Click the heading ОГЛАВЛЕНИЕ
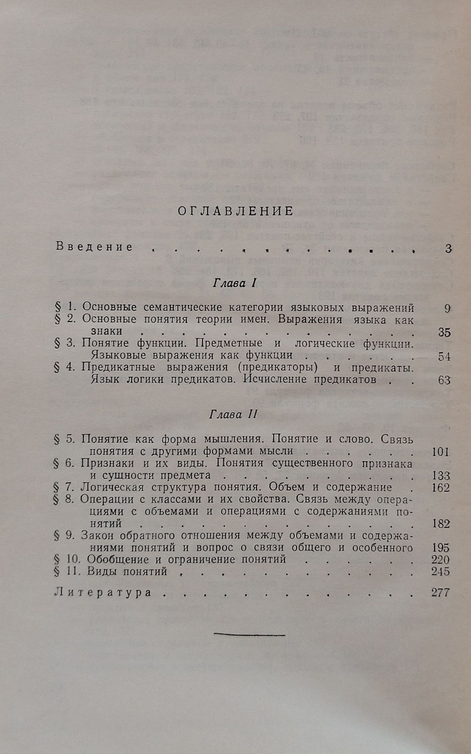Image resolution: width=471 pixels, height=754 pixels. pos(236,211)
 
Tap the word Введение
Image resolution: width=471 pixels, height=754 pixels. pos(94,247)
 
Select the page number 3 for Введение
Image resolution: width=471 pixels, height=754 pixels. pos(448,249)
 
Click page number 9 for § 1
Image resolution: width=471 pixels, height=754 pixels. pos(447,309)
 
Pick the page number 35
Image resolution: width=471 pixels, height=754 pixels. pos(444,333)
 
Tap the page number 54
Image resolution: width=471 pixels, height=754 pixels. pos(444,357)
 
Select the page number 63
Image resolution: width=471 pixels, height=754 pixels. pos(444,380)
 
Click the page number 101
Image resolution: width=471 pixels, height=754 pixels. pos(440,452)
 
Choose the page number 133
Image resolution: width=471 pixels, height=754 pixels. pos(440,476)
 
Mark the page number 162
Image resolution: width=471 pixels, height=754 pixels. pos(440,488)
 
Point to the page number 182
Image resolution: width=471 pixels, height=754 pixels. pos(440,524)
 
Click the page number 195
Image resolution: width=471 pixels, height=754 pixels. pos(440,548)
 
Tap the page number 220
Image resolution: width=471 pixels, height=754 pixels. pos(440,560)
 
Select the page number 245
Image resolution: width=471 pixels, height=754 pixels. pos(440,572)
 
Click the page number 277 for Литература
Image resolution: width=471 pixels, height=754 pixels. pos(440,593)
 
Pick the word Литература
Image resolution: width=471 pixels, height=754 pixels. pos(103,592)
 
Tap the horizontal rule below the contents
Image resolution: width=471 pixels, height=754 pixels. pos(249,635)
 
